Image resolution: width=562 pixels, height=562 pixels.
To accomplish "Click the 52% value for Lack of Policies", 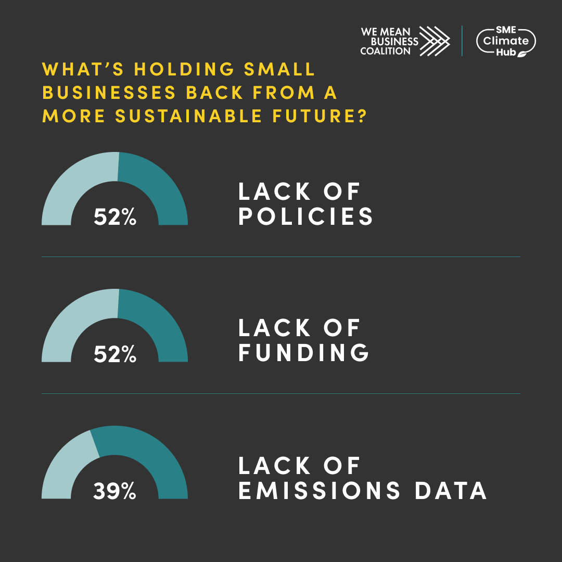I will [115, 217].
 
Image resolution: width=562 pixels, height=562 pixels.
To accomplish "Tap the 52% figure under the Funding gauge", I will [115, 354].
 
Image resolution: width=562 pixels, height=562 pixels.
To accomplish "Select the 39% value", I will [114, 491].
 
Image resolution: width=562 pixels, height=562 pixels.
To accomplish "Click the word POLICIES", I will [306, 217].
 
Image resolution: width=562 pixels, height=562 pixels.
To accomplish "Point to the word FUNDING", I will [304, 353].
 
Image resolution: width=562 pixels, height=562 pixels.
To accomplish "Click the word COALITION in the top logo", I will [385, 51].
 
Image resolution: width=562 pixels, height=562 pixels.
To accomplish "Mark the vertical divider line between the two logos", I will [462, 41].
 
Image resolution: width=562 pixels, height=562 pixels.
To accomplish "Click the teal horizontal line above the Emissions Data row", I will [281, 393].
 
